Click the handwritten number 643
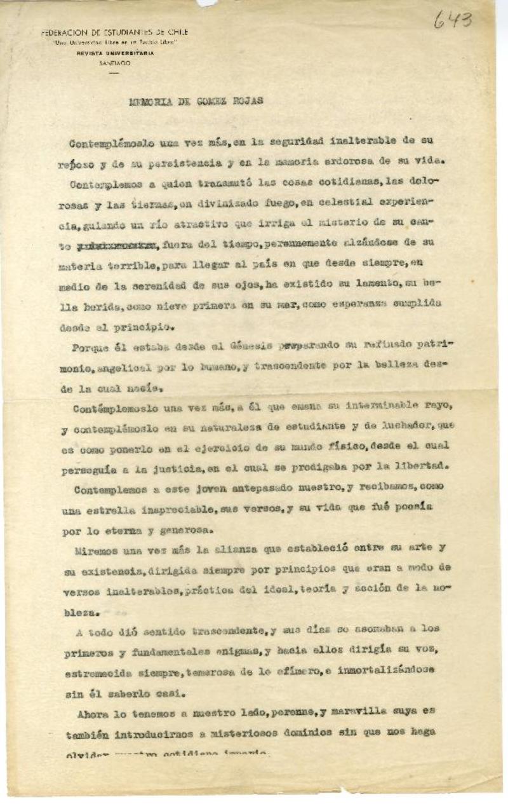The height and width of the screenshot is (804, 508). coord(453,21)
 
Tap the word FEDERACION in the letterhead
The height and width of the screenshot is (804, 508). coord(63,32)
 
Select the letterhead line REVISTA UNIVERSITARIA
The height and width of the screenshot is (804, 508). coord(115,54)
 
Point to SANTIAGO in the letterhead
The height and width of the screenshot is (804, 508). coord(115,64)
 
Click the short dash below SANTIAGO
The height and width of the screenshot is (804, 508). coord(114,73)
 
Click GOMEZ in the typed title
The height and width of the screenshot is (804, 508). coord(197,100)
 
